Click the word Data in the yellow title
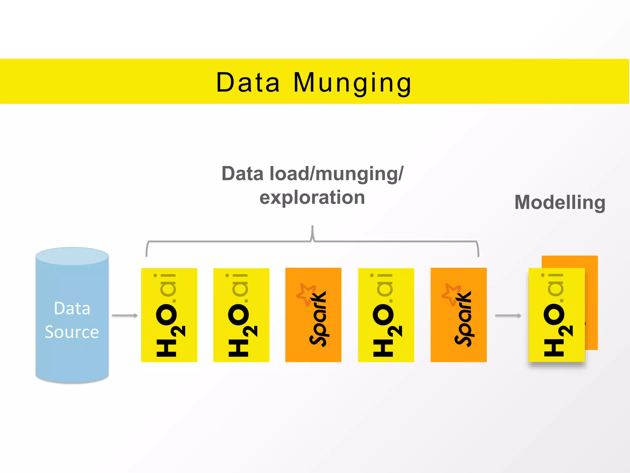coord(248,82)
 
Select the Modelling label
coord(560,202)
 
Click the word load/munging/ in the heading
coord(336,174)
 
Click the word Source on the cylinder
coord(72,332)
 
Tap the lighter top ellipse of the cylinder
coord(72,256)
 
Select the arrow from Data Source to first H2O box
coord(125,315)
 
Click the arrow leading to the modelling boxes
coord(508,315)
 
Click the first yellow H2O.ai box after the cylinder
coord(169,315)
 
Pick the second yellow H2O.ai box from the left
coord(241,315)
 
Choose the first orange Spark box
coord(313,315)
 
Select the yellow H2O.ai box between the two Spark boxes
coord(386,315)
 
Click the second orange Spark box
coord(458,315)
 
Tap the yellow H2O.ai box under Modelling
coord(556,315)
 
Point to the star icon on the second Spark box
coord(451,294)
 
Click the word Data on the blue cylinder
coord(72,308)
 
